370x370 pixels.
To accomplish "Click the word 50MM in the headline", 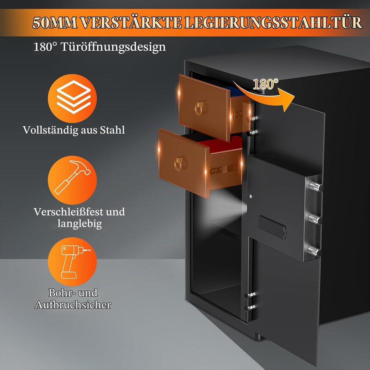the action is click(x=55, y=23).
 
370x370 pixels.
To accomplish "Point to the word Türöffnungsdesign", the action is click(x=113, y=47).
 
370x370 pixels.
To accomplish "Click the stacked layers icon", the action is click(x=74, y=97).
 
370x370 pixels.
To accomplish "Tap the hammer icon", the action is click(x=72, y=177).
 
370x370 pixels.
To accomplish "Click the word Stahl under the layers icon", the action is click(x=112, y=130).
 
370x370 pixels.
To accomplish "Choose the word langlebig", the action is click(x=79, y=223).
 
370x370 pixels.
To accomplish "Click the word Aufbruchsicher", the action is click(x=73, y=305).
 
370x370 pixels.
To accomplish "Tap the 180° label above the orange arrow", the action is click(x=266, y=84).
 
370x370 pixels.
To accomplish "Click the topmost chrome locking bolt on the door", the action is click(x=316, y=186).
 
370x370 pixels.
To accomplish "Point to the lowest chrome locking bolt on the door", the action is click(x=314, y=251).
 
